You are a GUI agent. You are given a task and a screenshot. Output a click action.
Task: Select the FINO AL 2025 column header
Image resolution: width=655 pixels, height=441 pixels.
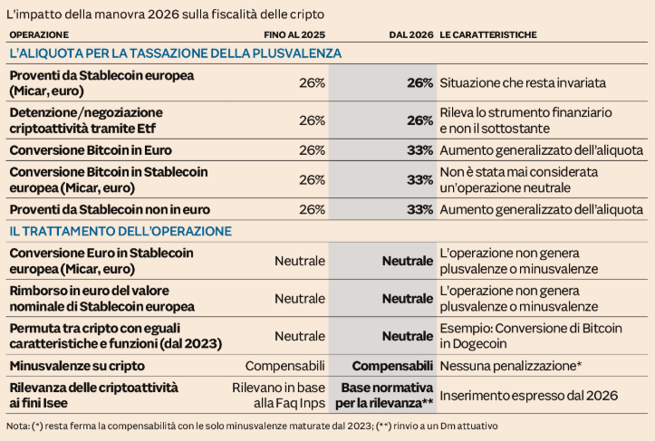click(x=294, y=34)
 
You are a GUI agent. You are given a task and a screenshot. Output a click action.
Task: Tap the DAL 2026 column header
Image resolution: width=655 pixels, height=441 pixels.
click(x=410, y=34)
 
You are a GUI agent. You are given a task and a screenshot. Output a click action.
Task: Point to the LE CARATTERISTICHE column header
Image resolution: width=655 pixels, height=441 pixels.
click(x=488, y=34)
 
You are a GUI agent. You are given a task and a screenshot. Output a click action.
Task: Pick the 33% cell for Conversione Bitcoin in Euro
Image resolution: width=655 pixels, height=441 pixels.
click(x=419, y=149)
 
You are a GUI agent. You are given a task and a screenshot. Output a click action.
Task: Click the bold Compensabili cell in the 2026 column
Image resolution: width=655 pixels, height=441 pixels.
click(x=391, y=366)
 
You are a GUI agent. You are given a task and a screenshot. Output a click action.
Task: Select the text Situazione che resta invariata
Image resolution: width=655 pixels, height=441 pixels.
click(x=523, y=82)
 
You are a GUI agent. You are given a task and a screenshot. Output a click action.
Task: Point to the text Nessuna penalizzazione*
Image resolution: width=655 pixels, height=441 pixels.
click(x=510, y=366)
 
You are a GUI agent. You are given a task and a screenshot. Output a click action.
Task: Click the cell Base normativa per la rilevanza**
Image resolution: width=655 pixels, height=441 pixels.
click(x=386, y=395)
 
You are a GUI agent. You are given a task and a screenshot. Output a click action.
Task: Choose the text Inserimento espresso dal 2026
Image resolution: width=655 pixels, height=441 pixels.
click(x=528, y=395)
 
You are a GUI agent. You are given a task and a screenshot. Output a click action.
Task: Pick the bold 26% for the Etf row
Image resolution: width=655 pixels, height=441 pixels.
click(x=419, y=120)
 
